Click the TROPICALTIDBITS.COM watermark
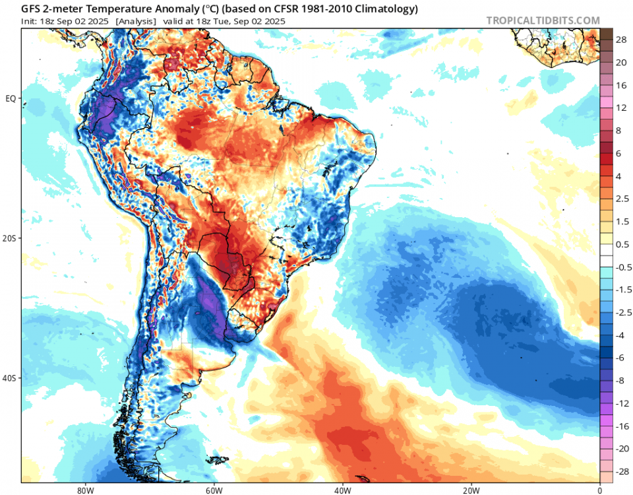543,20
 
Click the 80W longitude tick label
83,490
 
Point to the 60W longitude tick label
212,490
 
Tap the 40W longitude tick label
342,490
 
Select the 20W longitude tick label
471,490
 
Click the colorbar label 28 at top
620,40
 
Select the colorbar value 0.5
622,244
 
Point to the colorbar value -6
620,357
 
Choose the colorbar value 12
620,108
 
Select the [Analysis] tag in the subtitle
135,21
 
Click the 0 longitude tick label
599,490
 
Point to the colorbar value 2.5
622,199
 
